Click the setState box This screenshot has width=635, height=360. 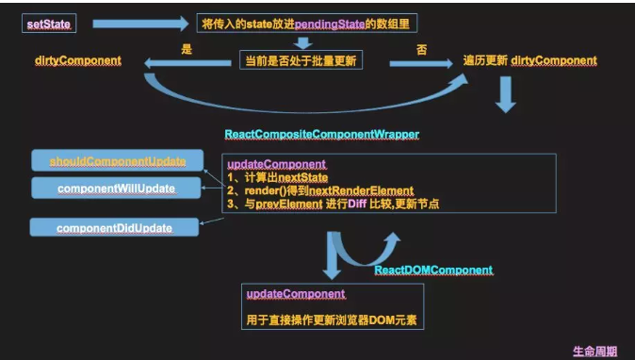click(47, 22)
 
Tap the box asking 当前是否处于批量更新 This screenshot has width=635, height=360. click(301, 61)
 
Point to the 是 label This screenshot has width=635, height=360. click(186, 50)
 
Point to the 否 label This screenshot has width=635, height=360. click(420, 50)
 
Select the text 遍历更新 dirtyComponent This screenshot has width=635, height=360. click(530, 61)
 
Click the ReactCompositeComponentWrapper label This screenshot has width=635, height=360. click(321, 135)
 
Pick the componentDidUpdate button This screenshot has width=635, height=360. click(114, 228)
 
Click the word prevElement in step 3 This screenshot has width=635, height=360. click(279, 204)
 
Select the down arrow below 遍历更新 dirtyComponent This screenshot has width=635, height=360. click(507, 93)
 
